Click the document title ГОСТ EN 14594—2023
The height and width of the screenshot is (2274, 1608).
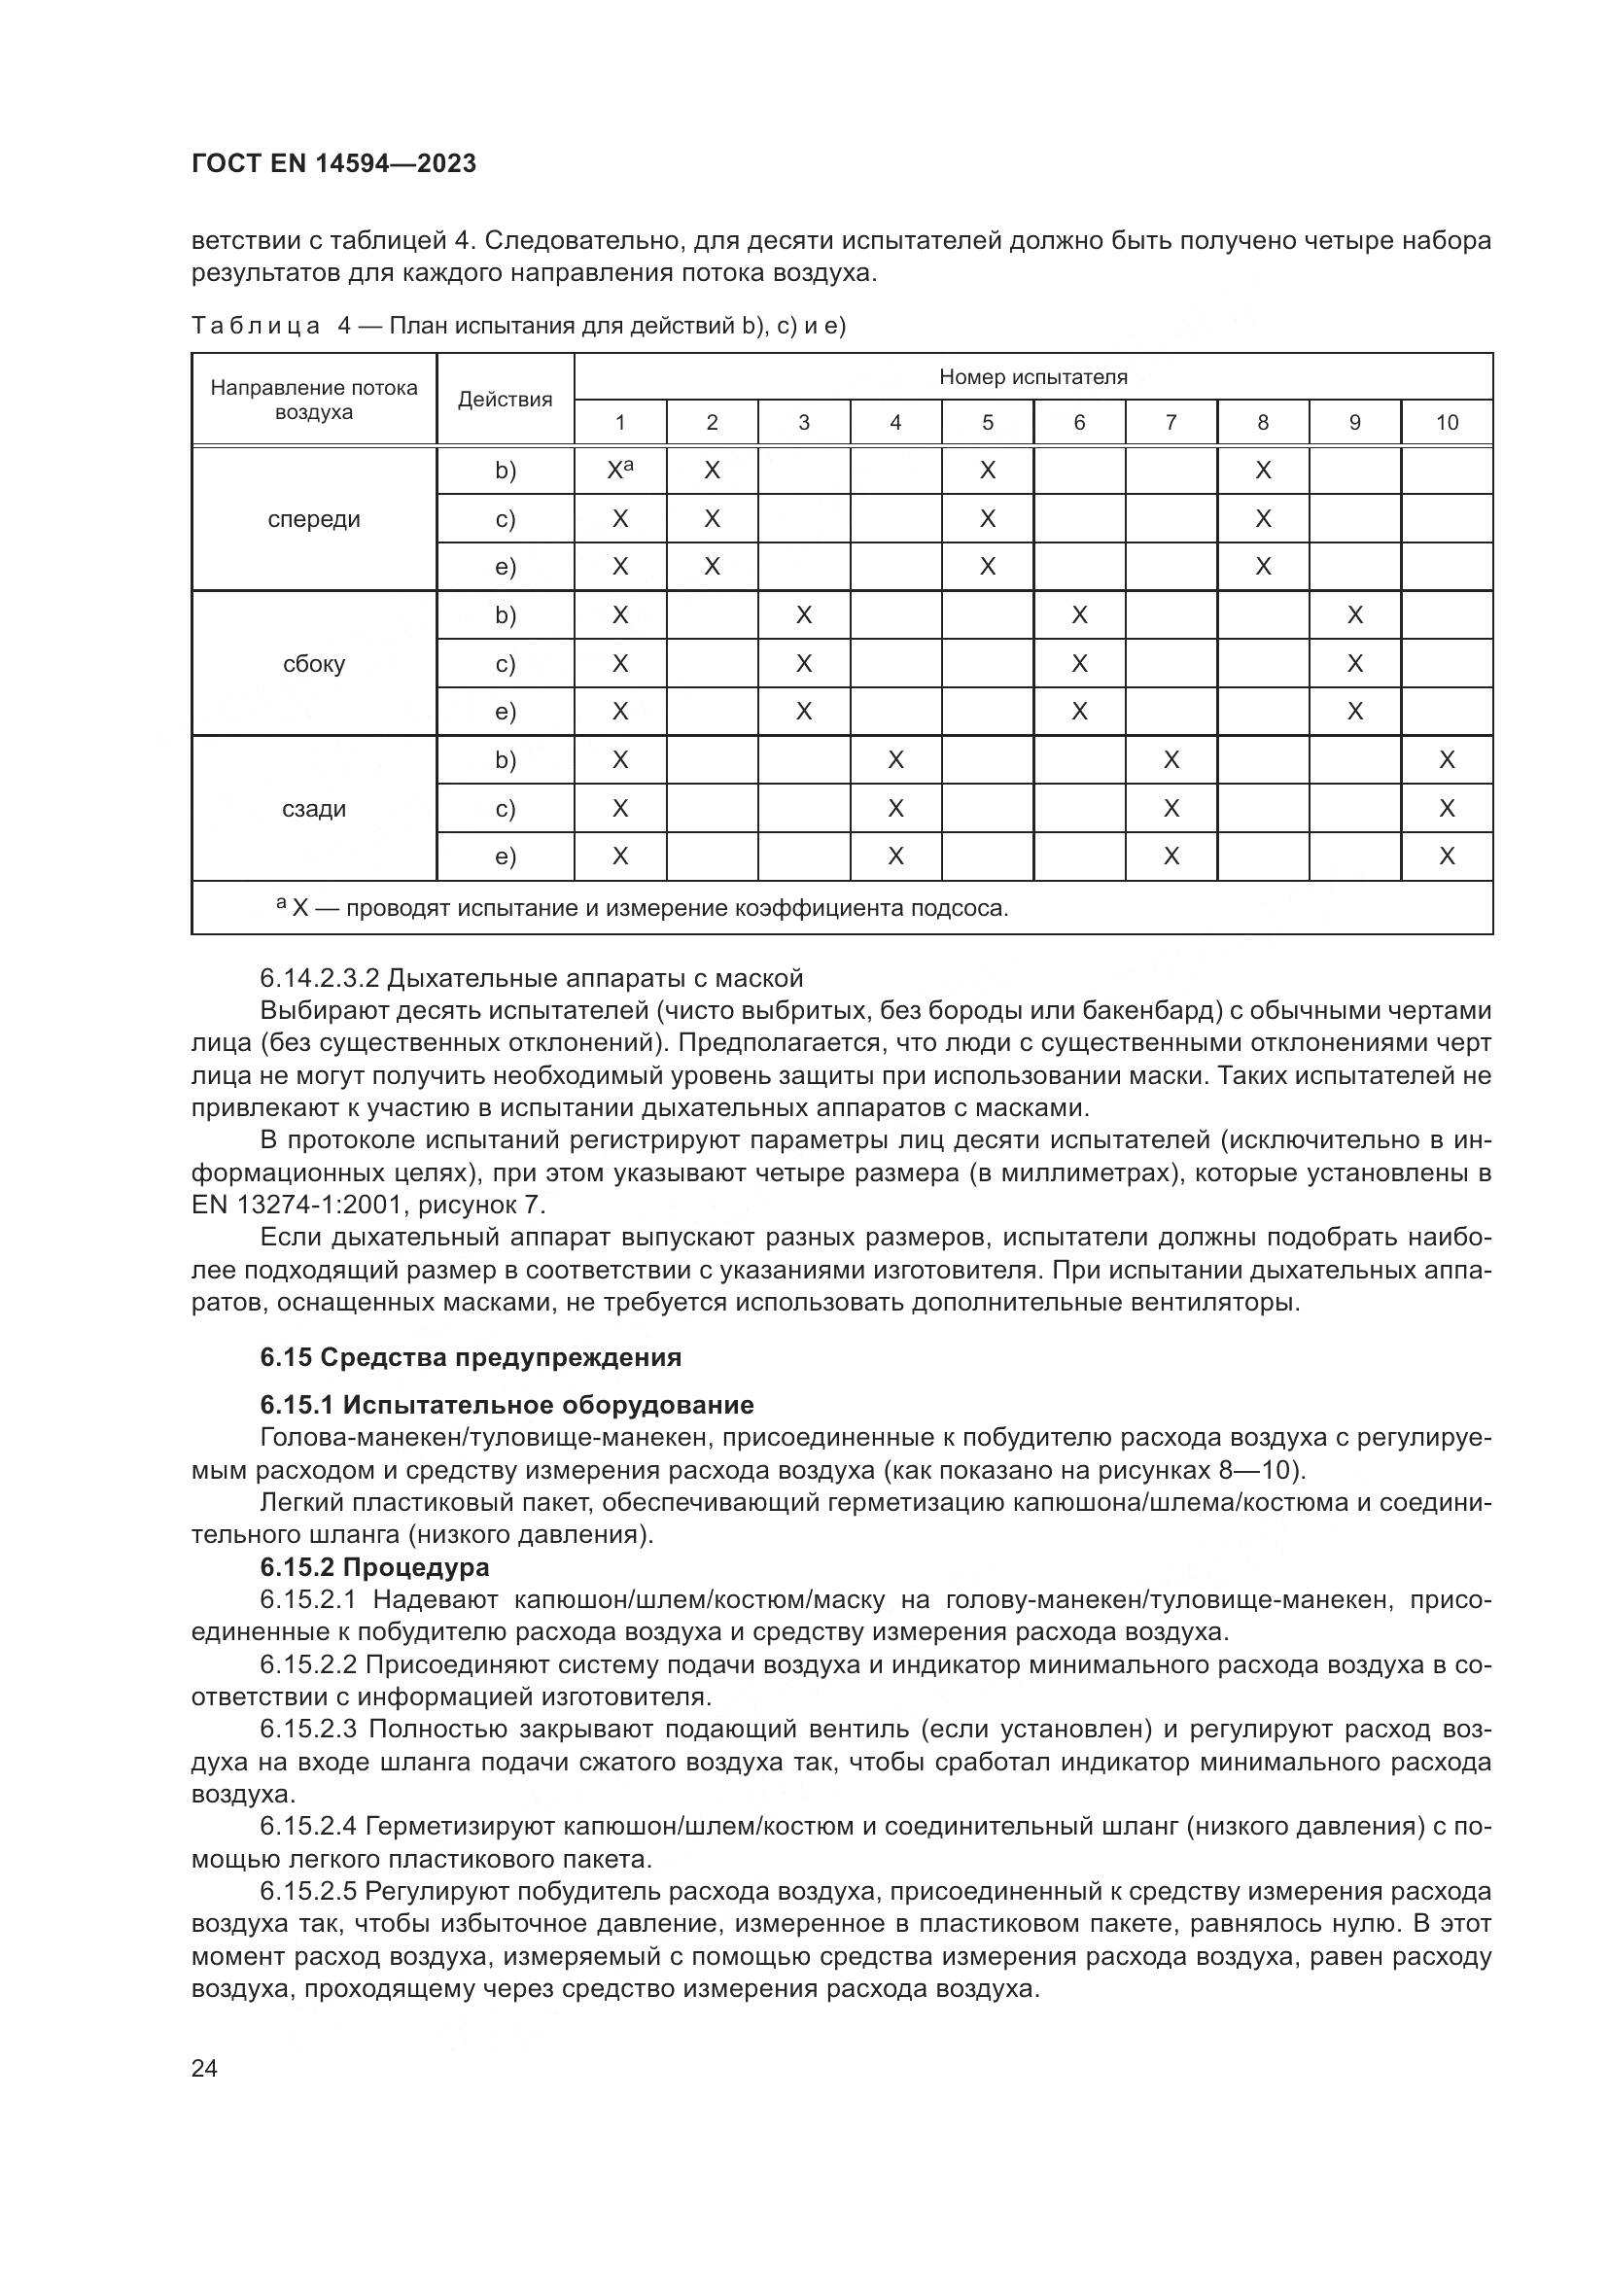333,164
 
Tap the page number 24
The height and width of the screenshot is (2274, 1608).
204,2068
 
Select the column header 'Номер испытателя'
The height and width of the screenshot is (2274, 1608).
1032,377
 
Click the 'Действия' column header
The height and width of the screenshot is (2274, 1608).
505,401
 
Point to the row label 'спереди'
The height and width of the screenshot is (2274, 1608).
314,520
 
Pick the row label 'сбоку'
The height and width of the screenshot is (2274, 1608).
314,665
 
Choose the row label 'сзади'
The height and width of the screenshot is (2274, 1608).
314,809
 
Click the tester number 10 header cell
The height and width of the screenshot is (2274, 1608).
1447,423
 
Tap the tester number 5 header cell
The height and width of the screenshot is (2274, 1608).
987,423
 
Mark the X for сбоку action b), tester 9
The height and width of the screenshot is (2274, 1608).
1354,616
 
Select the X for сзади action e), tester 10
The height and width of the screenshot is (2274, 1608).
1447,857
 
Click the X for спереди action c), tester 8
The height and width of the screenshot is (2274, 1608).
1263,519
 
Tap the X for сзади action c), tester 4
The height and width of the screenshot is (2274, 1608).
895,809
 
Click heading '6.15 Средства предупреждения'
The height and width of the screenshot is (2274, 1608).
471,1357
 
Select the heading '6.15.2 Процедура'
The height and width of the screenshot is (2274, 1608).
374,1568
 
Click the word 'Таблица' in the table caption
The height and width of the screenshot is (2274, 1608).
256,326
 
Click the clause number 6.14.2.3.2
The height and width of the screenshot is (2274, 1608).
319,979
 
